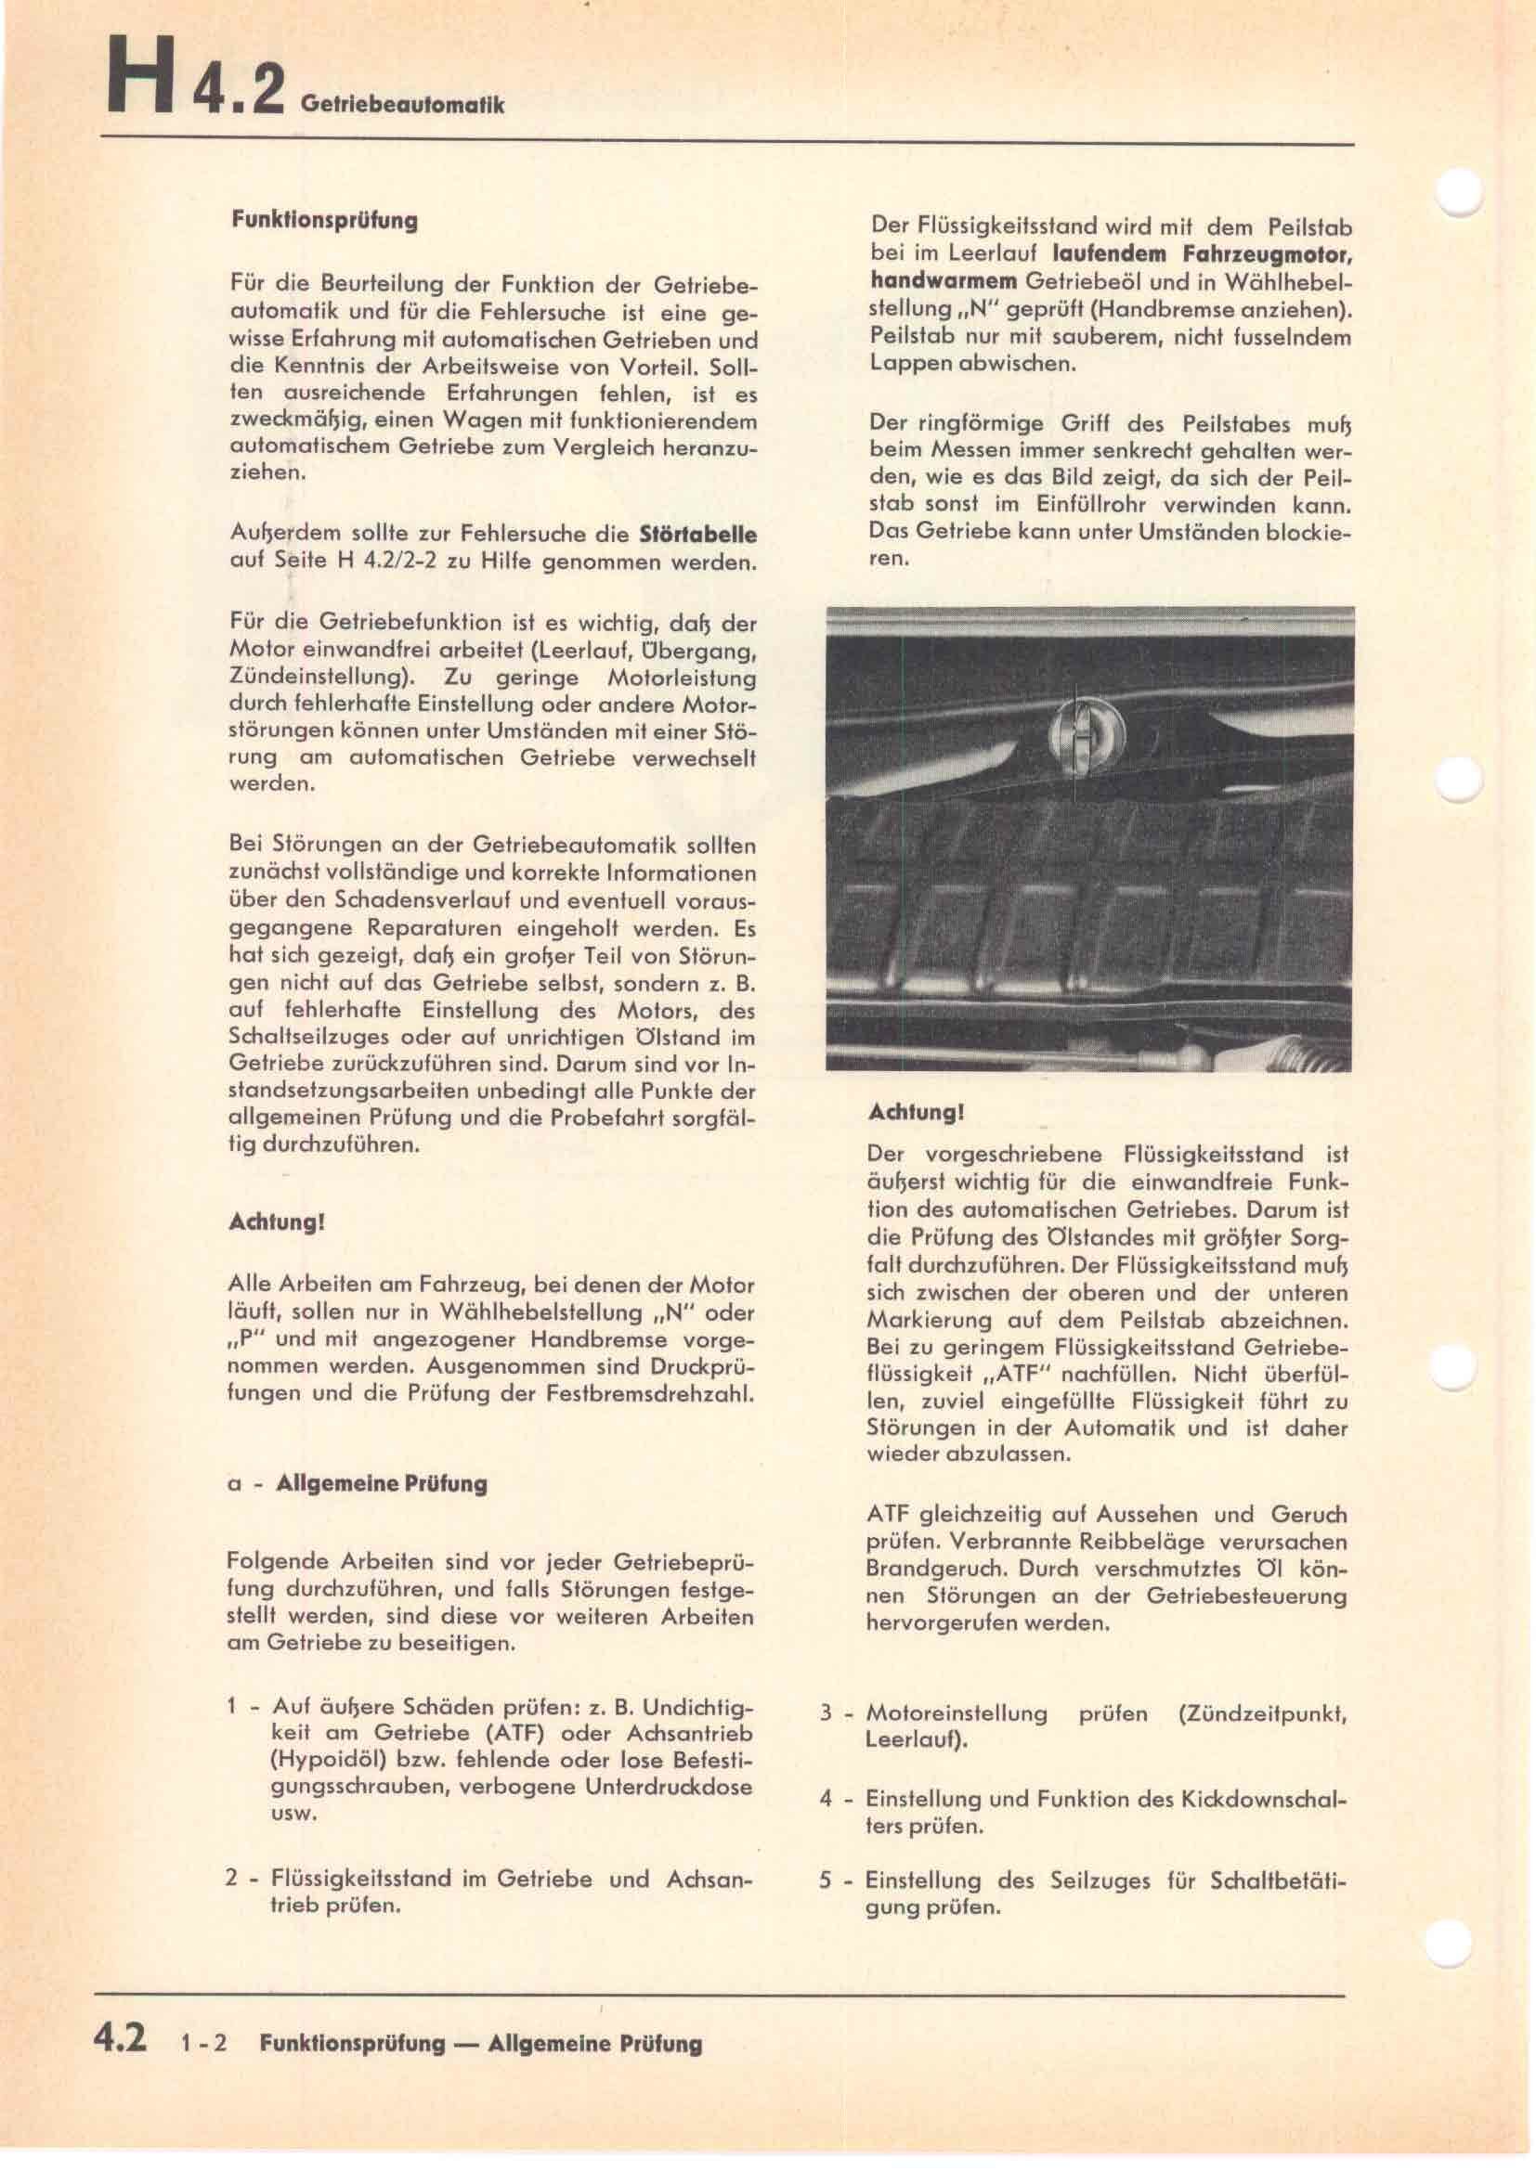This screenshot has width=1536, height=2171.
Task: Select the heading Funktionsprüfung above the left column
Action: point(324,220)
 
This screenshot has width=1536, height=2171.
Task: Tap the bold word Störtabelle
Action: point(698,535)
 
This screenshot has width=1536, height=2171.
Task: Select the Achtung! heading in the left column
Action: point(277,1221)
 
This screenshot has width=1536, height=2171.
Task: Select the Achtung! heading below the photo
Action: point(916,1113)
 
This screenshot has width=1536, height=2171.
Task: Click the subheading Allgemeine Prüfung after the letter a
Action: point(381,1483)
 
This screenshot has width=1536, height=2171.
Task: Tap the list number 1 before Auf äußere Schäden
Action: point(232,1707)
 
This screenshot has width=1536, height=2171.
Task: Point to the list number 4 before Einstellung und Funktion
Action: point(826,1799)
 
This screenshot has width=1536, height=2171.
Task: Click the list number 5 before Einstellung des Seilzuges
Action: point(826,1880)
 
